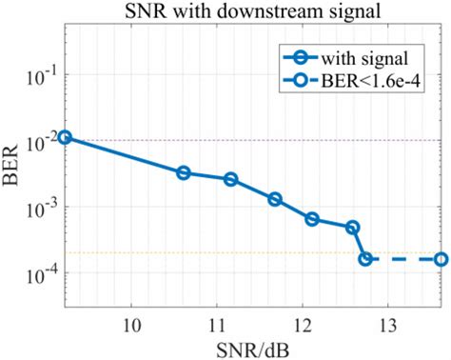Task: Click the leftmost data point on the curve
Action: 65,137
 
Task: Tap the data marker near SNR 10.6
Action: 184,172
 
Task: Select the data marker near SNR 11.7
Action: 275,199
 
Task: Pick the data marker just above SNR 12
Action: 312,219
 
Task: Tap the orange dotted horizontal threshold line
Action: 190,252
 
